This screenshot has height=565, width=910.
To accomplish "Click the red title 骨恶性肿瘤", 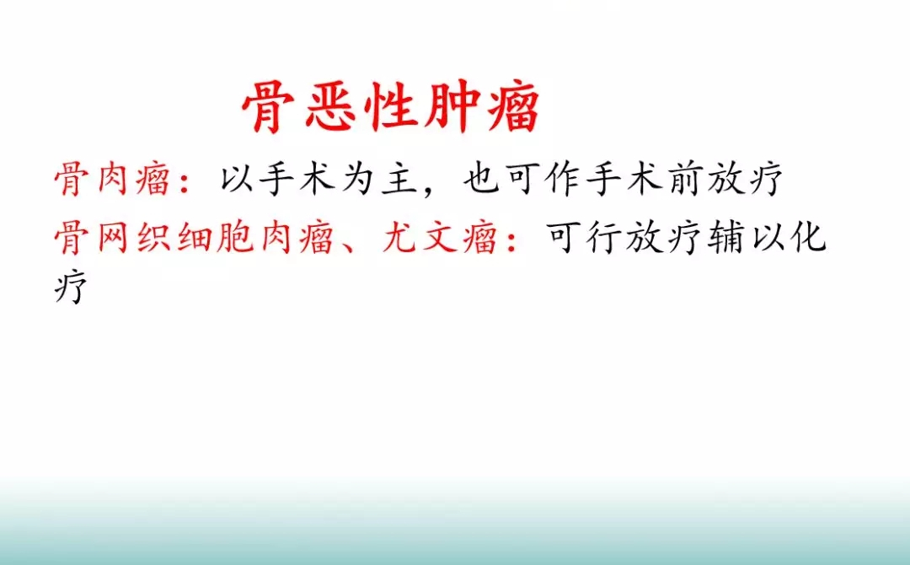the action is pyautogui.click(x=391, y=107).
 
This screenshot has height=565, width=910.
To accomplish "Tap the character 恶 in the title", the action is pyautogui.click(x=330, y=107).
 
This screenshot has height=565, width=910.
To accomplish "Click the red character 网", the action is pyautogui.click(x=112, y=238).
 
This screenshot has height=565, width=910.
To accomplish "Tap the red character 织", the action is pyautogui.click(x=153, y=238).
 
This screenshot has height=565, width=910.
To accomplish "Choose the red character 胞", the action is pyautogui.click(x=234, y=238).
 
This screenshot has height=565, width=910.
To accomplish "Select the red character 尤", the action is pyautogui.click(x=399, y=238).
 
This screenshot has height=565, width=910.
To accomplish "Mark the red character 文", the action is pyautogui.click(x=439, y=238).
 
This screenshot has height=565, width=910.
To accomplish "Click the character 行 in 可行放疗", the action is pyautogui.click(x=603, y=238).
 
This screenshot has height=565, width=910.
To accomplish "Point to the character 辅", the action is pyautogui.click(x=726, y=238).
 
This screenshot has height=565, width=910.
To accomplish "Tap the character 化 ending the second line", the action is pyautogui.click(x=808, y=238).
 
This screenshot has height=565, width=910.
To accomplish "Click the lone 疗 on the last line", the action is pyautogui.click(x=71, y=286).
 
